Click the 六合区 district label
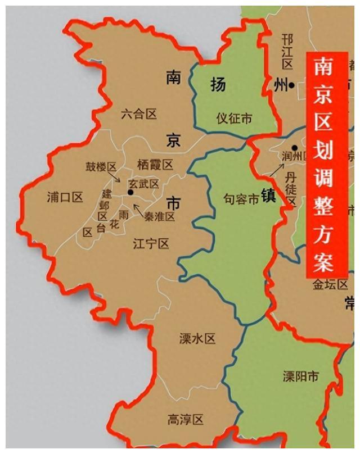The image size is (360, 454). [x=139, y=115]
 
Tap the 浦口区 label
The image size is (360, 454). [x=65, y=197]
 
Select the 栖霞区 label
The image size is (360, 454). [x=155, y=165]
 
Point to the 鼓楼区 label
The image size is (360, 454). [x=101, y=167]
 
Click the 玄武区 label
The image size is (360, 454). [x=143, y=184]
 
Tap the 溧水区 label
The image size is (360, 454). [x=197, y=339]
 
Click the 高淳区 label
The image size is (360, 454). [x=185, y=419]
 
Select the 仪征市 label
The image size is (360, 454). [x=234, y=119]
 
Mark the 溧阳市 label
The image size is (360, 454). [x=300, y=376]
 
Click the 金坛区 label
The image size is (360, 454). [x=330, y=285]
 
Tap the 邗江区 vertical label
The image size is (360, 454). [x=288, y=51]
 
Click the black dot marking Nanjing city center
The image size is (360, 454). [x=130, y=193]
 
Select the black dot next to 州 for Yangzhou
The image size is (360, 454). [x=292, y=85]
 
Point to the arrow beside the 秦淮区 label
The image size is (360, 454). [x=137, y=211]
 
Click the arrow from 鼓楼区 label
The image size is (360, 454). [x=115, y=176]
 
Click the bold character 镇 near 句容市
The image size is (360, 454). [x=267, y=197]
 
